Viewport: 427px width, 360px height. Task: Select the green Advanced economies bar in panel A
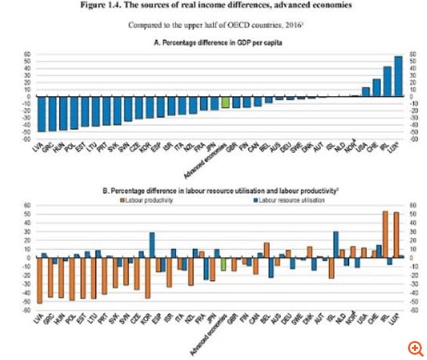pos(225,102)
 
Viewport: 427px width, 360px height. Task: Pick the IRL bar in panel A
pos(388,81)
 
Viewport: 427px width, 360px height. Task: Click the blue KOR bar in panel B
pos(152,244)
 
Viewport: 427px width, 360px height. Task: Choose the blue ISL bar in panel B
pos(336,244)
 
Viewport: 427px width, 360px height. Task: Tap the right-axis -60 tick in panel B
pos(413,308)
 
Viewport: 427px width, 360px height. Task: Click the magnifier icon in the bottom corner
pos(414,348)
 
